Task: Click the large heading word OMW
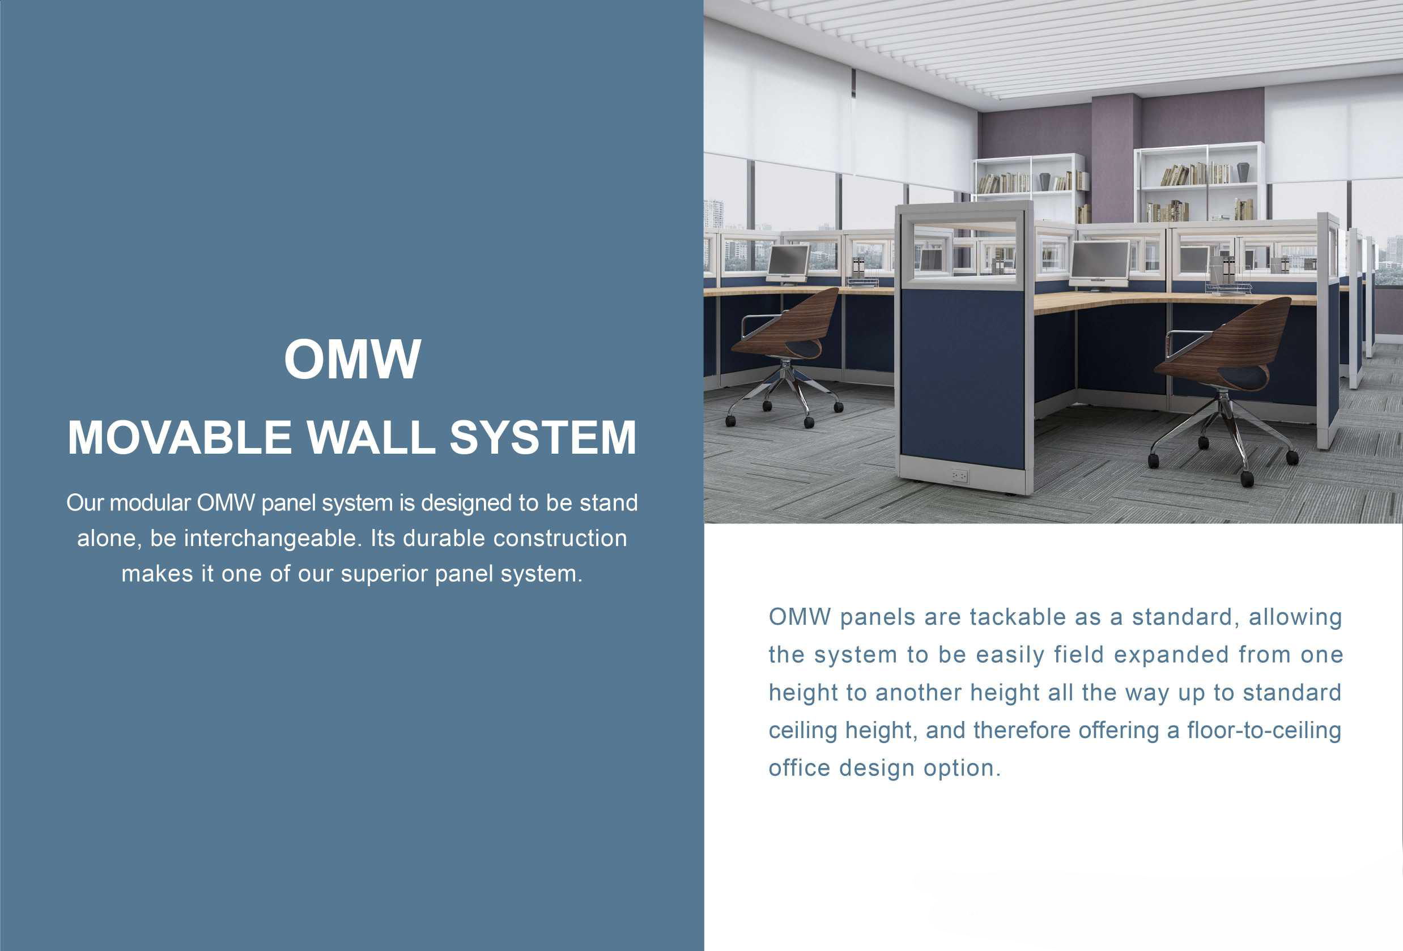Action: click(352, 359)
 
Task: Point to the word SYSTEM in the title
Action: click(543, 437)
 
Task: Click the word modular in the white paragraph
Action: click(150, 502)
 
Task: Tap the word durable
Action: click(444, 538)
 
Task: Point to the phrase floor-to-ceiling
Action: click(1264, 730)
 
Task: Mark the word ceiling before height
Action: click(802, 730)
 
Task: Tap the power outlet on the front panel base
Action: click(959, 476)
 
